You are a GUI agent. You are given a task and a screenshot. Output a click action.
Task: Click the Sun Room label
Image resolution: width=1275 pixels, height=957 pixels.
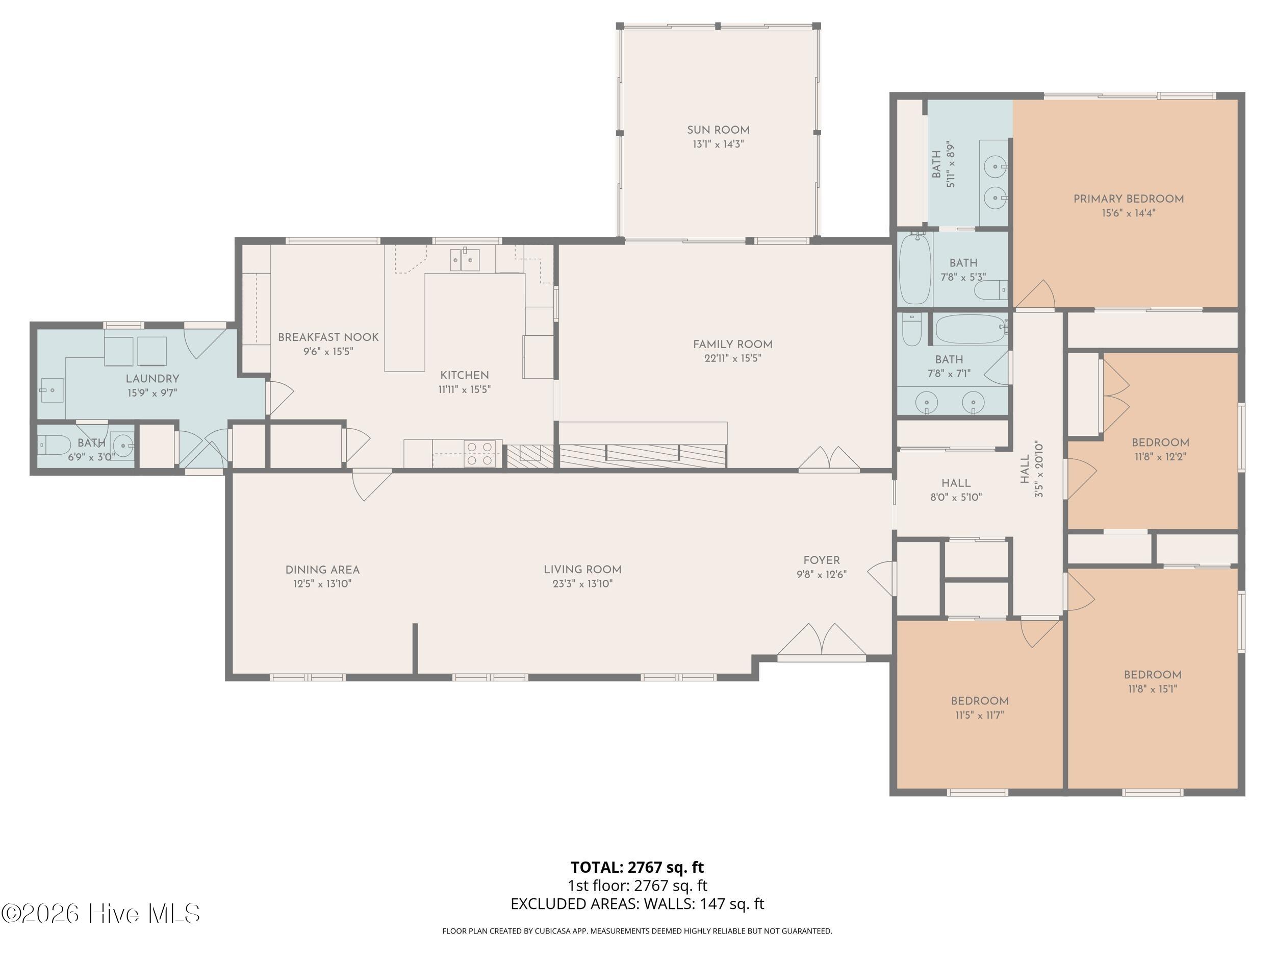(718, 130)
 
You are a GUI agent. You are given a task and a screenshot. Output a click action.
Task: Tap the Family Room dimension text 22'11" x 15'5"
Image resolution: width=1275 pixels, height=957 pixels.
(732, 358)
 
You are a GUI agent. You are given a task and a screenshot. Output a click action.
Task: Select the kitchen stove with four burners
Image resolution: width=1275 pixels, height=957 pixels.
(479, 453)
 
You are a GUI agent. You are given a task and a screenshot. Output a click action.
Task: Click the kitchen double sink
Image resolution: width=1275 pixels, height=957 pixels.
(465, 260)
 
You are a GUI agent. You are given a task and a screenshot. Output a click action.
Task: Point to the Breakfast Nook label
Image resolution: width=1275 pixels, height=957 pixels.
(328, 337)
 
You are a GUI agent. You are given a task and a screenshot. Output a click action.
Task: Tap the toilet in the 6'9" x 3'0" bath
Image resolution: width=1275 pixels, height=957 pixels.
(46, 445)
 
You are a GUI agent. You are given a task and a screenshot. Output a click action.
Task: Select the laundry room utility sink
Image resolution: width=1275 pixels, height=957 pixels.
(52, 390)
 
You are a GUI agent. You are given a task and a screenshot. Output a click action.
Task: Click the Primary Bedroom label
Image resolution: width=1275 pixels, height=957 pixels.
(1129, 199)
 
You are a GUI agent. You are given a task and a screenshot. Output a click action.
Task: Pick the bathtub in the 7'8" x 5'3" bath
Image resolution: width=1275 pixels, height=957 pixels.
(915, 268)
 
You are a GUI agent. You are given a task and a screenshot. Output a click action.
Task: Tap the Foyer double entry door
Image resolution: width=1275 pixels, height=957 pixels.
(822, 641)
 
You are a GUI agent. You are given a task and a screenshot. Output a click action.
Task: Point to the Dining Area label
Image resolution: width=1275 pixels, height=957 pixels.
(322, 570)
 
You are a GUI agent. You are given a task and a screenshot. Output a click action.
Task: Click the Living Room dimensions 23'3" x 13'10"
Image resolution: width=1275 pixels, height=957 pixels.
(582, 583)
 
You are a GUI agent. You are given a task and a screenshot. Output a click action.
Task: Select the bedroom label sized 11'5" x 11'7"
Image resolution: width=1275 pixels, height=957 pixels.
(979, 701)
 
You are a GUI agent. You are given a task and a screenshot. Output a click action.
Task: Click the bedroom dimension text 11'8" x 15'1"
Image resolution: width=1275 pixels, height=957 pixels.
(1152, 688)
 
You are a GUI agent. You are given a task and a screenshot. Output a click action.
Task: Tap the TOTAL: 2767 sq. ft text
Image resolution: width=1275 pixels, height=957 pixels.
(637, 867)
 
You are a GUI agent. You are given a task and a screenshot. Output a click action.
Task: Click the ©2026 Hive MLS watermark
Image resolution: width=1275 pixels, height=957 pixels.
(101, 913)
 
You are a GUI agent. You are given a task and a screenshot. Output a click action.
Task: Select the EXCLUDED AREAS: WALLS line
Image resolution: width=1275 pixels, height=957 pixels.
(637, 903)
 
